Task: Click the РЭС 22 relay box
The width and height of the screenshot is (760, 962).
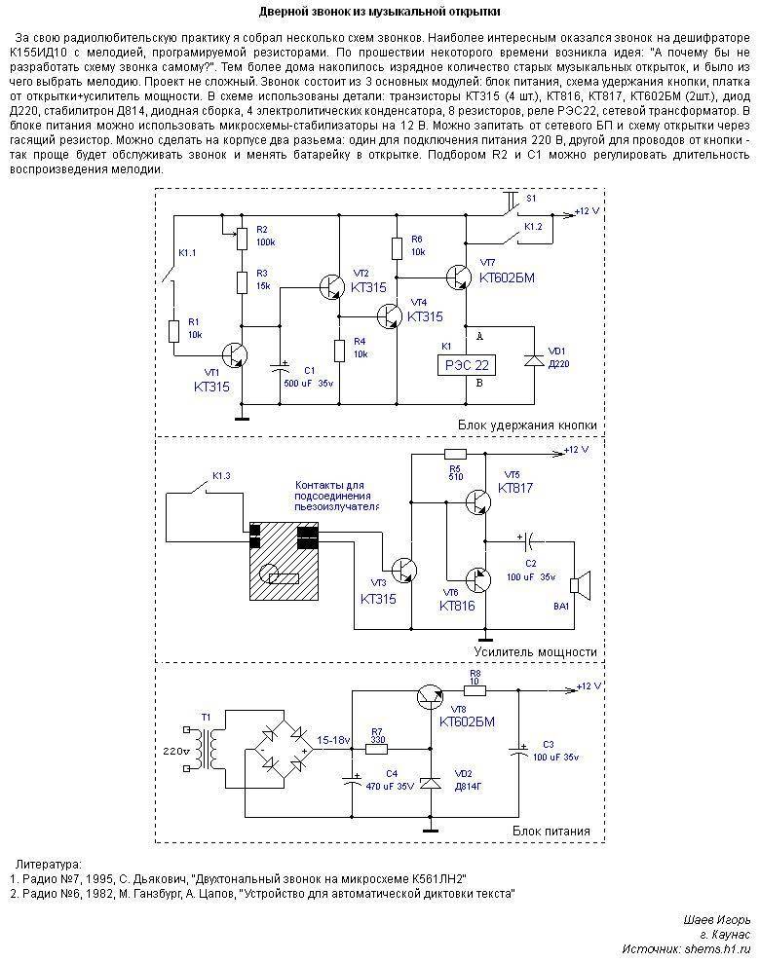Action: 467,366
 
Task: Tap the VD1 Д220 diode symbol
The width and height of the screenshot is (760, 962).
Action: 533,359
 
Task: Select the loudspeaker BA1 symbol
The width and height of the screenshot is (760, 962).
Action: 580,584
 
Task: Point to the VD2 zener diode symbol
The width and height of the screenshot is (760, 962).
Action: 431,783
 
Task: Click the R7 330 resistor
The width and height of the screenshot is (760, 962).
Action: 377,749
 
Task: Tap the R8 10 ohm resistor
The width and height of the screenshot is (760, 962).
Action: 475,690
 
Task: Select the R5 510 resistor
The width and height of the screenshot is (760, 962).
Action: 455,455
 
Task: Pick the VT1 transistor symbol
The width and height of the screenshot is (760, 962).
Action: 235,354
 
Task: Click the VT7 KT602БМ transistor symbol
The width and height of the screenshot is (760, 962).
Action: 459,277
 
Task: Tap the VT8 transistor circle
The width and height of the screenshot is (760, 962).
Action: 431,697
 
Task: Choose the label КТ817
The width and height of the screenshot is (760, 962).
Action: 515,489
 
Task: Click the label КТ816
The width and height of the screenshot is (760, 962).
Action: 457,607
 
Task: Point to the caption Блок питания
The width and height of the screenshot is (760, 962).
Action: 551,832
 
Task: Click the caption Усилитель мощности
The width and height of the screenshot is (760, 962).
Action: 535,652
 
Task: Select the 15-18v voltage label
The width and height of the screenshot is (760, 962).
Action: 333,739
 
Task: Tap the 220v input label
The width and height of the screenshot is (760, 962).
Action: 176,751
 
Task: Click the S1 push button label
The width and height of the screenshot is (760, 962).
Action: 532,199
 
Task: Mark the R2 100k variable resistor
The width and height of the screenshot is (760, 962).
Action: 243,239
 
